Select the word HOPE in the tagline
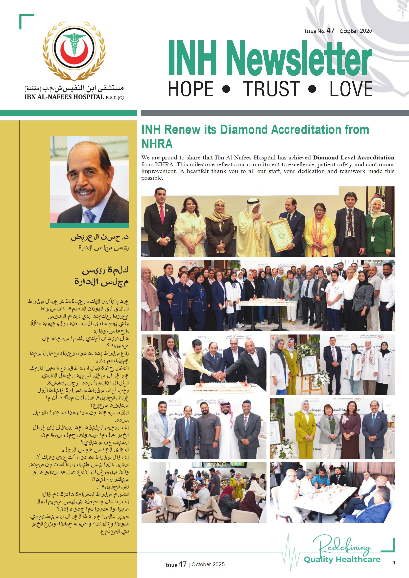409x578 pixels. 191,89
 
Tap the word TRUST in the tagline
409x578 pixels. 271,89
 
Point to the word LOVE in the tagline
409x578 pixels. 351,89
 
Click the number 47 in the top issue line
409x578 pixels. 330,31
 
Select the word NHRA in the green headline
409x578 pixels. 157,144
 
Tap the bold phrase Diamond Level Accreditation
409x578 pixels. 353,157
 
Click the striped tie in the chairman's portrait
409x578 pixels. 90,216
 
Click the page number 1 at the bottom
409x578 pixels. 394,563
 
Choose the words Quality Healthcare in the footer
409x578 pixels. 342,559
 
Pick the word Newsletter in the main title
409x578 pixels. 299,58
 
